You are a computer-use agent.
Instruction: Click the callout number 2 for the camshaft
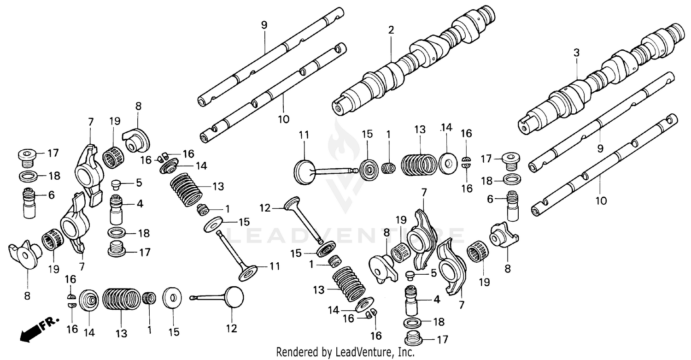coord(391,30)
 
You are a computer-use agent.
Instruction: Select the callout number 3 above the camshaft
coord(576,53)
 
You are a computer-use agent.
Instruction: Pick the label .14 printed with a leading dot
coord(446,128)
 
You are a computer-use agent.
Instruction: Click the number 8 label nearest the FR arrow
coord(27,295)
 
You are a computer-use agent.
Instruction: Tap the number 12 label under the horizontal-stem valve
coord(231,328)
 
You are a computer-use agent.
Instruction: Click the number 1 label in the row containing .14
coord(388,134)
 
